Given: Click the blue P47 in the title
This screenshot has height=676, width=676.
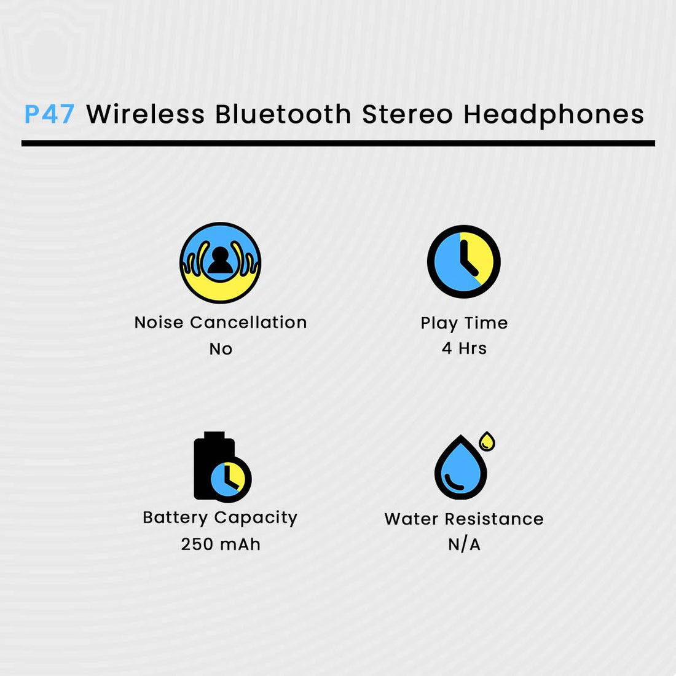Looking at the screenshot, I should (x=49, y=114).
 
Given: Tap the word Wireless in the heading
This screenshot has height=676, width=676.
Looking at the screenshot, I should (x=145, y=114).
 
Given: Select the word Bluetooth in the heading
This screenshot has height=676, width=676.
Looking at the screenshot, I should (x=283, y=114).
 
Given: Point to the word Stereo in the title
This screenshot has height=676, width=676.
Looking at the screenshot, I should (x=407, y=114).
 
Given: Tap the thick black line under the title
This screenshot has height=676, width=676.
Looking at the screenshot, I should (x=338, y=144).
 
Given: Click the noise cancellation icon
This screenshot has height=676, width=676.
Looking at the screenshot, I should (x=220, y=262).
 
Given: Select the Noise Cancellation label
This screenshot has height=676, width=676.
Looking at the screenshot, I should (x=220, y=323).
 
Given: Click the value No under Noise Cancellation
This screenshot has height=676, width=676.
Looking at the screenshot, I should (x=221, y=349).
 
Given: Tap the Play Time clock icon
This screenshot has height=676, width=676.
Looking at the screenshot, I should (x=464, y=262).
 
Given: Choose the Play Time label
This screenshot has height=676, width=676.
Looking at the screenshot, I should (x=464, y=323).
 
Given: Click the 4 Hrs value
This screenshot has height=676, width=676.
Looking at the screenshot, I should (x=464, y=348).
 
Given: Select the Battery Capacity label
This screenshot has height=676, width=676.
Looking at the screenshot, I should (x=220, y=518).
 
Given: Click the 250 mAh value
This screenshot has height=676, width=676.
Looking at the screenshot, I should (x=221, y=544).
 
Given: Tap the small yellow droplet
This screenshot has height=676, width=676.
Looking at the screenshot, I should (x=487, y=441).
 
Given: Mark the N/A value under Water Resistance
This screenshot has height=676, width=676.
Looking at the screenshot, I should (x=464, y=544).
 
